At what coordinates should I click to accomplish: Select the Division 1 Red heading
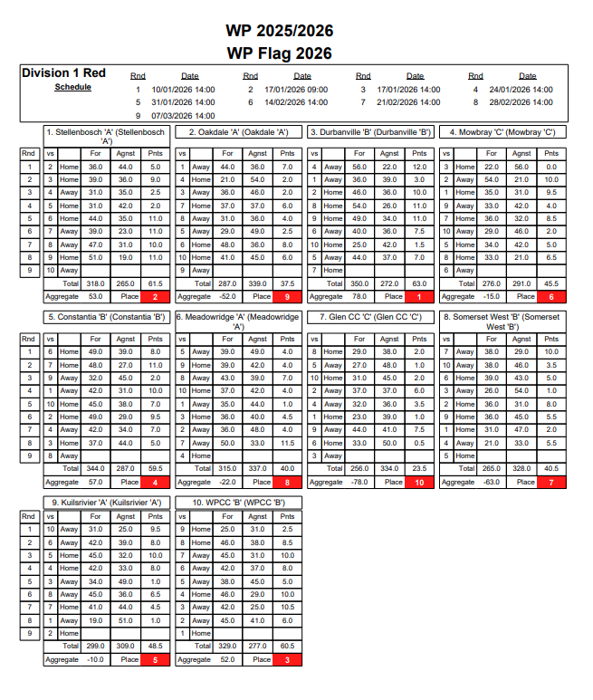click(x=63, y=73)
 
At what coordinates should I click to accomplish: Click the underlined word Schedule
click(x=72, y=87)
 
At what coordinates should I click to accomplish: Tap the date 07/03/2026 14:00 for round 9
click(x=183, y=115)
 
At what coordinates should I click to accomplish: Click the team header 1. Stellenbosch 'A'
click(x=106, y=136)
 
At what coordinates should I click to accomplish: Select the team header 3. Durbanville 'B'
click(x=370, y=132)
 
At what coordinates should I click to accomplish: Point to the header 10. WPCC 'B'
click(x=238, y=502)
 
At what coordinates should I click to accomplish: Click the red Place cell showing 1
click(x=419, y=296)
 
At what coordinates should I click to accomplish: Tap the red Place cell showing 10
click(x=419, y=483)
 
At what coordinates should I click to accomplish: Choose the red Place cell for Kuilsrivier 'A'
click(x=155, y=660)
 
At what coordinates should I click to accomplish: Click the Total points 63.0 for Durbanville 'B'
click(x=419, y=283)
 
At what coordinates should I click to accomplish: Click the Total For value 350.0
click(x=359, y=283)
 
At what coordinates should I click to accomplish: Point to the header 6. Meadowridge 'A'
click(x=238, y=321)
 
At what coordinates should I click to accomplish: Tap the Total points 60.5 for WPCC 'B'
click(x=287, y=647)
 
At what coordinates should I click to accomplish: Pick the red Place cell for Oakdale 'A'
click(x=287, y=296)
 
